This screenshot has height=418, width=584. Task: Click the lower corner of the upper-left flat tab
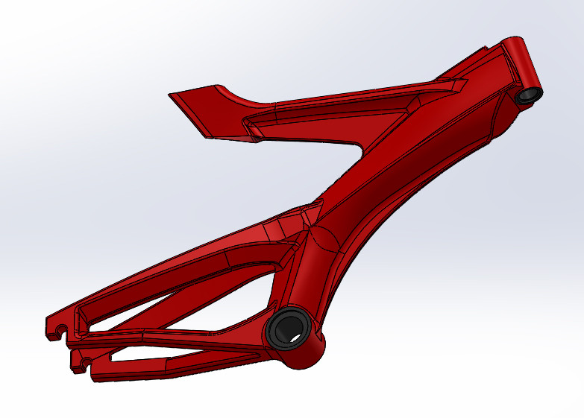click(212, 138)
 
